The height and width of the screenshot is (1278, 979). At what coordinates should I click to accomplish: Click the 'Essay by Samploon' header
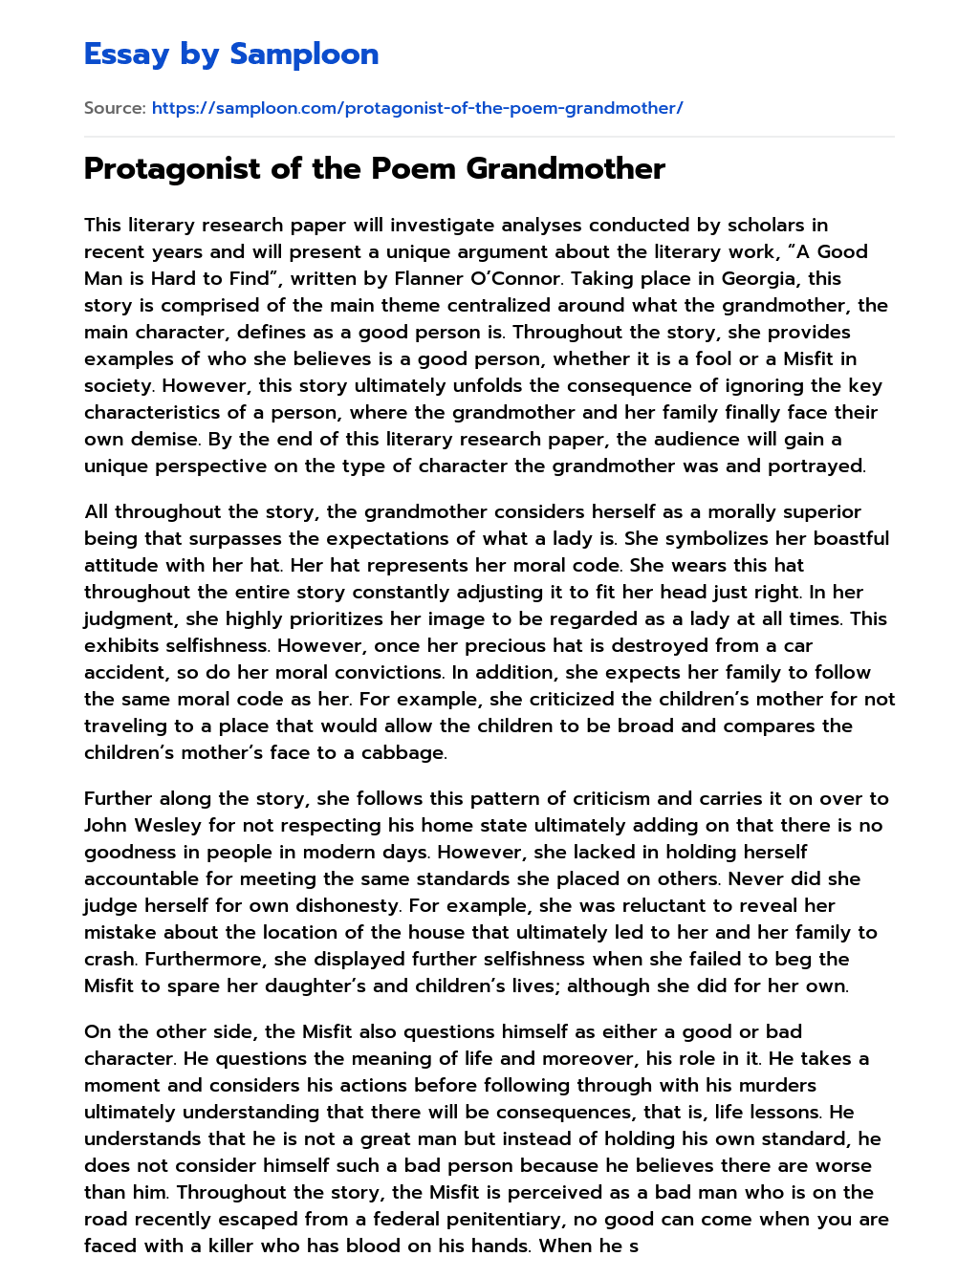(x=231, y=54)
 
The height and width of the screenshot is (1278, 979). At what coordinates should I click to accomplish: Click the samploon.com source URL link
(x=417, y=108)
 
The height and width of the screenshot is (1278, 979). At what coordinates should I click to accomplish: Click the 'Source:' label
(x=115, y=108)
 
